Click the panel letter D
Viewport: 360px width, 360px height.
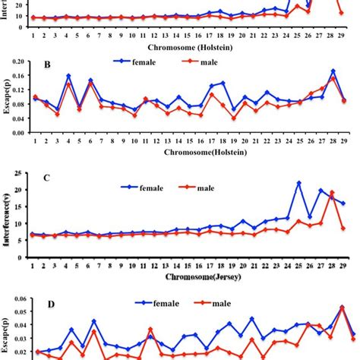click(49, 305)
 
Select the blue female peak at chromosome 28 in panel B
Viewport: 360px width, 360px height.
click(333, 71)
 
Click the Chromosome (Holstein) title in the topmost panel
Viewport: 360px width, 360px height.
click(190, 45)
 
